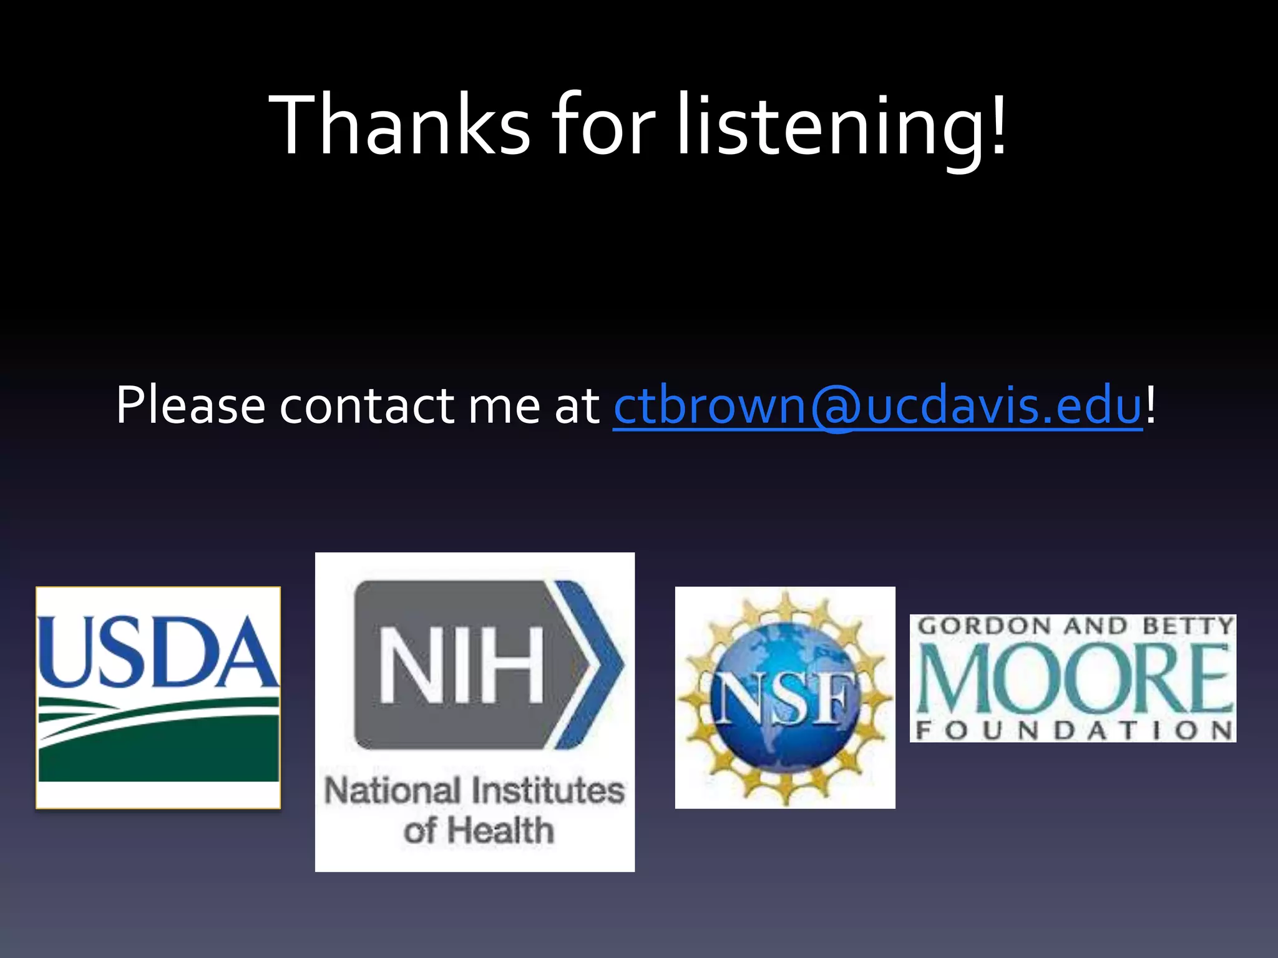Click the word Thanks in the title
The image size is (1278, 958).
pyautogui.click(x=399, y=125)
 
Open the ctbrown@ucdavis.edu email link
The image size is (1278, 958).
pyautogui.click(x=877, y=406)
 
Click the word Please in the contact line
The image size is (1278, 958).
pyautogui.click(x=190, y=406)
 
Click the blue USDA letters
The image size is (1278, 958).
pyautogui.click(x=157, y=652)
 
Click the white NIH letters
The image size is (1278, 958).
pyautogui.click(x=461, y=665)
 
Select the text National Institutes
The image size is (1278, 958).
pyautogui.click(x=474, y=791)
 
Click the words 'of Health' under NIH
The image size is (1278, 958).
pyautogui.click(x=478, y=831)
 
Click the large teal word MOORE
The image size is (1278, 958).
pyautogui.click(x=1073, y=679)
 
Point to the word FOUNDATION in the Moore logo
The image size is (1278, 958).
pyautogui.click(x=1073, y=730)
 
